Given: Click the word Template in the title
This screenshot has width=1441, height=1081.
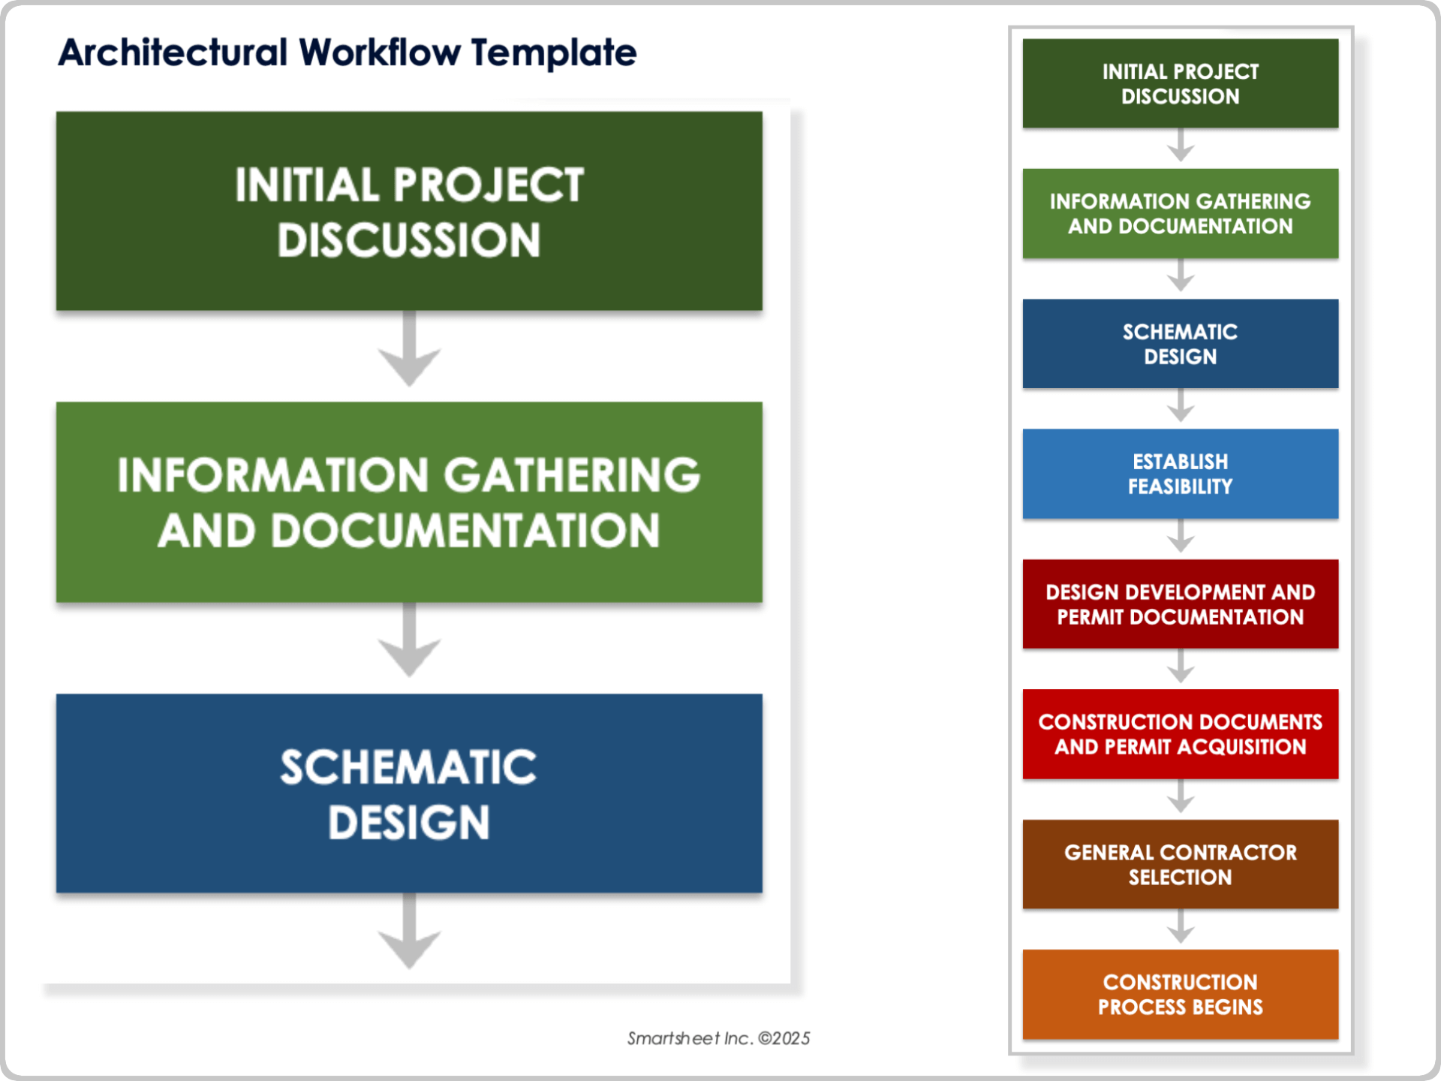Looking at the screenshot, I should [554, 53].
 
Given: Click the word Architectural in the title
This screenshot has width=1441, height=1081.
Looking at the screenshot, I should [173, 53].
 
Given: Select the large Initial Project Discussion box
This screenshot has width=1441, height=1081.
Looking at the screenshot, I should [409, 212].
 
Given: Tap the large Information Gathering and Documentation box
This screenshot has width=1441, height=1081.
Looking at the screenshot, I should [409, 502].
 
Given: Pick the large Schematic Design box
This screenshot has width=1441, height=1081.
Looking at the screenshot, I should [409, 793].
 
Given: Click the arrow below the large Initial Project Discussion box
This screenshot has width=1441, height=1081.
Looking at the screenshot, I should [409, 350].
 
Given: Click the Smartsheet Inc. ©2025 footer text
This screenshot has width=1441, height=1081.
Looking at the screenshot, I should [718, 1038].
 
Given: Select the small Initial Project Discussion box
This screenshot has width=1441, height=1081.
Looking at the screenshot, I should [1180, 83].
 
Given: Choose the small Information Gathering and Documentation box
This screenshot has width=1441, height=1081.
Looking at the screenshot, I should [1180, 213].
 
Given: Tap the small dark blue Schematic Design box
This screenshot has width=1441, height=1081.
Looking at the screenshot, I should [1180, 344].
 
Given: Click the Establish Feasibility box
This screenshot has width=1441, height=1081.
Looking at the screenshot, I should [1180, 474].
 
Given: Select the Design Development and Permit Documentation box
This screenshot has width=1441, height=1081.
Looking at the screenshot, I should [1180, 604].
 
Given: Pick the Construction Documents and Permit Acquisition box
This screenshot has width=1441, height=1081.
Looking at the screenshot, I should [1180, 734].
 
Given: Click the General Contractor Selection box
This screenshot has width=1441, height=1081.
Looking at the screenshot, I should [1180, 864].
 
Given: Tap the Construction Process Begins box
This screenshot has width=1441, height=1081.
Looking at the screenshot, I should [1180, 995].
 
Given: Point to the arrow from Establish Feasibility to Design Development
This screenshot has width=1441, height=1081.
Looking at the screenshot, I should [1181, 537].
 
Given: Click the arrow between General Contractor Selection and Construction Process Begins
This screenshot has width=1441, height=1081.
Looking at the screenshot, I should [1181, 928].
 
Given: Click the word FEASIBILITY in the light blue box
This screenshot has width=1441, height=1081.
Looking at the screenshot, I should [1180, 486].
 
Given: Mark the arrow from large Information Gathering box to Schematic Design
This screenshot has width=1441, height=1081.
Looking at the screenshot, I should [409, 641].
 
